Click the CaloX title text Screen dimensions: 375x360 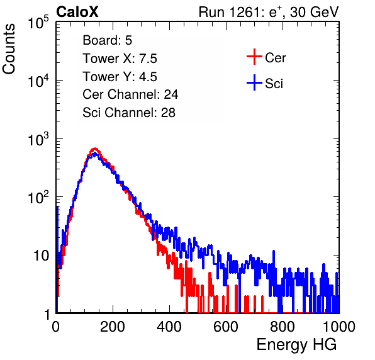point(77,12)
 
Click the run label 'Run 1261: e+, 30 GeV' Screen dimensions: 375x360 point(269,12)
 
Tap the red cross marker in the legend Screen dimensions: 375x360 point(254,57)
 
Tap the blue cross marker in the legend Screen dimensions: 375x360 point(254,82)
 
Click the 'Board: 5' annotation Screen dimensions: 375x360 point(108,40)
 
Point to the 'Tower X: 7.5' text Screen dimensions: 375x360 point(120,59)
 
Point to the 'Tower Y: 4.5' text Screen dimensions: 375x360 point(120,77)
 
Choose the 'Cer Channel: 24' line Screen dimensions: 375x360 point(130,94)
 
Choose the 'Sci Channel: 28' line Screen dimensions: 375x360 point(129,113)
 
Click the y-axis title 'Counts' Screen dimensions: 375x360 point(9,49)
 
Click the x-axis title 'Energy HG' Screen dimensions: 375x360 point(296,345)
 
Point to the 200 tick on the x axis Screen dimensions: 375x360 point(113,327)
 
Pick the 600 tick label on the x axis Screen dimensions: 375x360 point(226,327)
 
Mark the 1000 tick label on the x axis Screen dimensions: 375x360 point(339,327)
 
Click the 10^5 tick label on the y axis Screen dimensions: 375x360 point(38,23)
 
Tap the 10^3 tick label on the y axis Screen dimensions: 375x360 point(38,139)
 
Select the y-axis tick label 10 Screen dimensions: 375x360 point(41,256)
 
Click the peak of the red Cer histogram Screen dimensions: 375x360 point(95,149)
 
